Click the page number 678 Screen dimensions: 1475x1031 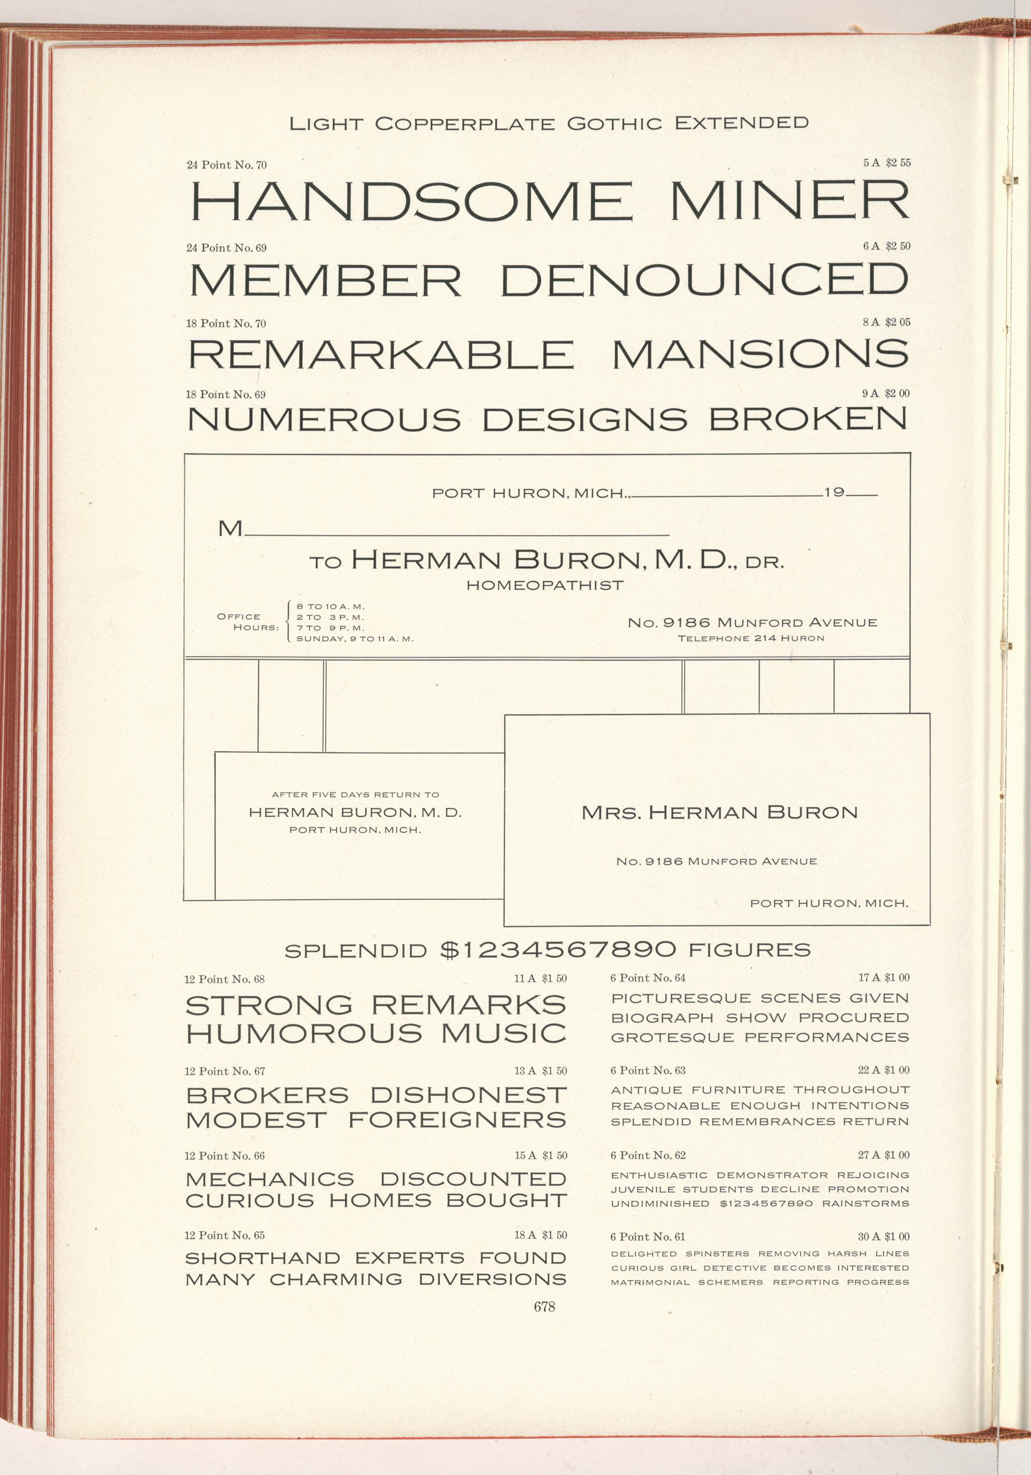(544, 1307)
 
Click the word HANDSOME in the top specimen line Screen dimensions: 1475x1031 (412, 201)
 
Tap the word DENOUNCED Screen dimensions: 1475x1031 (704, 281)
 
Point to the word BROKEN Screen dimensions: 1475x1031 (807, 420)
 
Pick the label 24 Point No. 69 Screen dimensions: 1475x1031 (226, 248)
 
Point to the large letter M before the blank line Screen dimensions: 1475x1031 (230, 529)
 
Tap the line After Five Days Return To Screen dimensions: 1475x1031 (355, 795)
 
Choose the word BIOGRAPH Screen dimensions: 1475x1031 (662, 1018)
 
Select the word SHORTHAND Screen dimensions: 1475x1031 (263, 1258)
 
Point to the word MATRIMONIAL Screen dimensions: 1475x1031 (650, 1282)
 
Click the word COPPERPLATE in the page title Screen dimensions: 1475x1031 (465, 123)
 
